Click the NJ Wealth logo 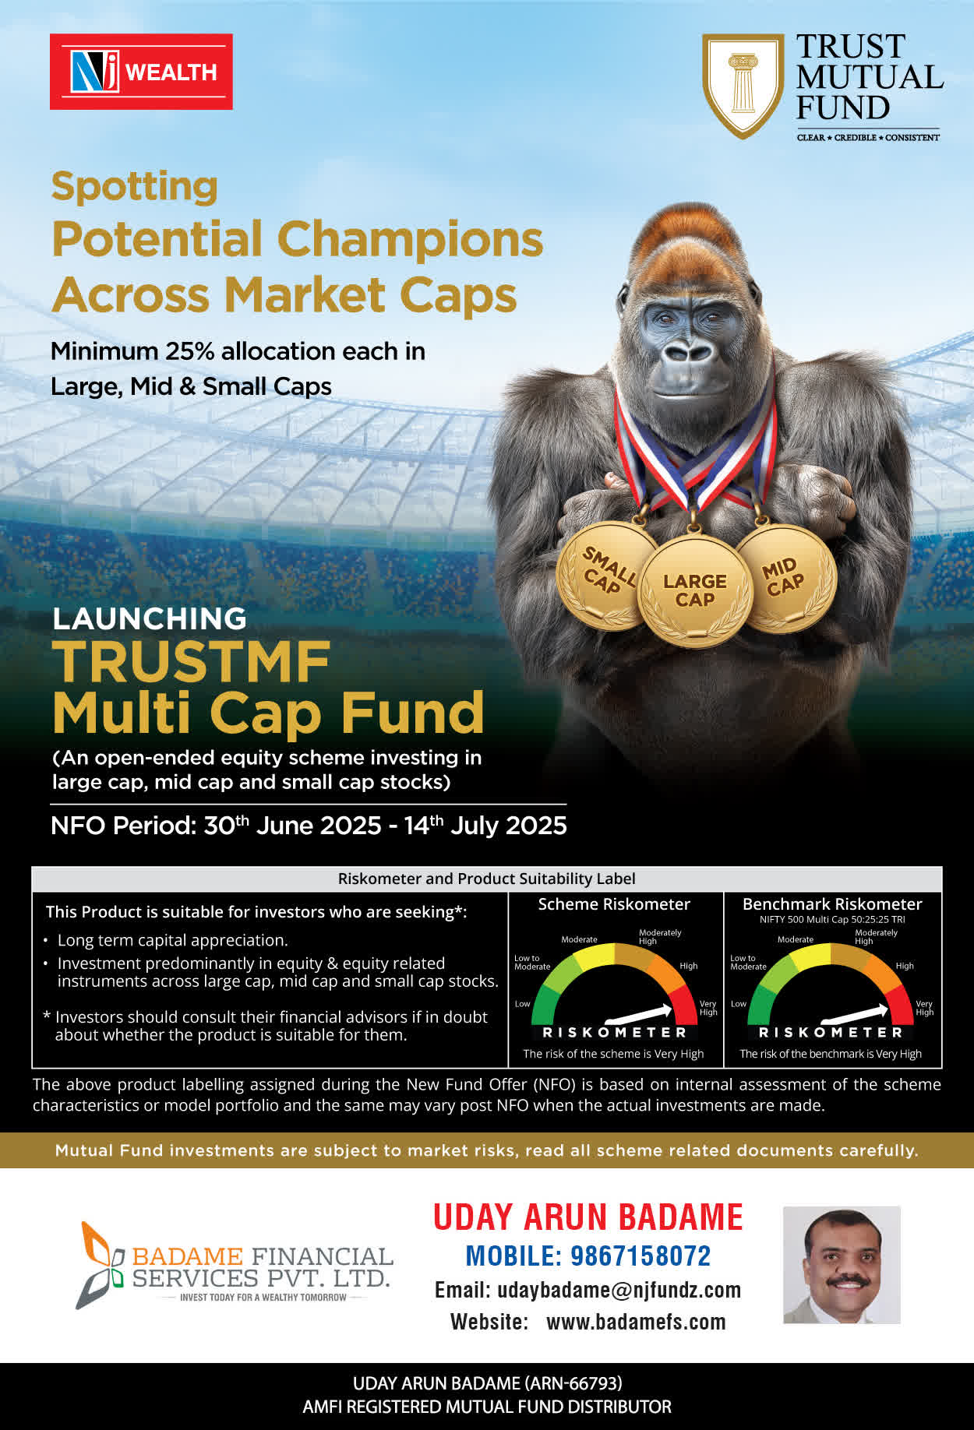click(x=141, y=72)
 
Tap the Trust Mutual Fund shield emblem click(x=743, y=85)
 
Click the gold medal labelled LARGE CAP click(x=695, y=590)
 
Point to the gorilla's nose click(x=689, y=351)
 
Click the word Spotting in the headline click(x=134, y=187)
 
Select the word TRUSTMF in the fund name click(x=192, y=662)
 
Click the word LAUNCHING click(x=150, y=618)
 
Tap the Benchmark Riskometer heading click(x=832, y=904)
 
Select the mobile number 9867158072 click(x=641, y=1256)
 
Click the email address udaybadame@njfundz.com click(x=619, y=1290)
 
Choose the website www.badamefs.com click(x=636, y=1322)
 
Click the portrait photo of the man click(x=842, y=1265)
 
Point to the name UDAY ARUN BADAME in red click(x=588, y=1217)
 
